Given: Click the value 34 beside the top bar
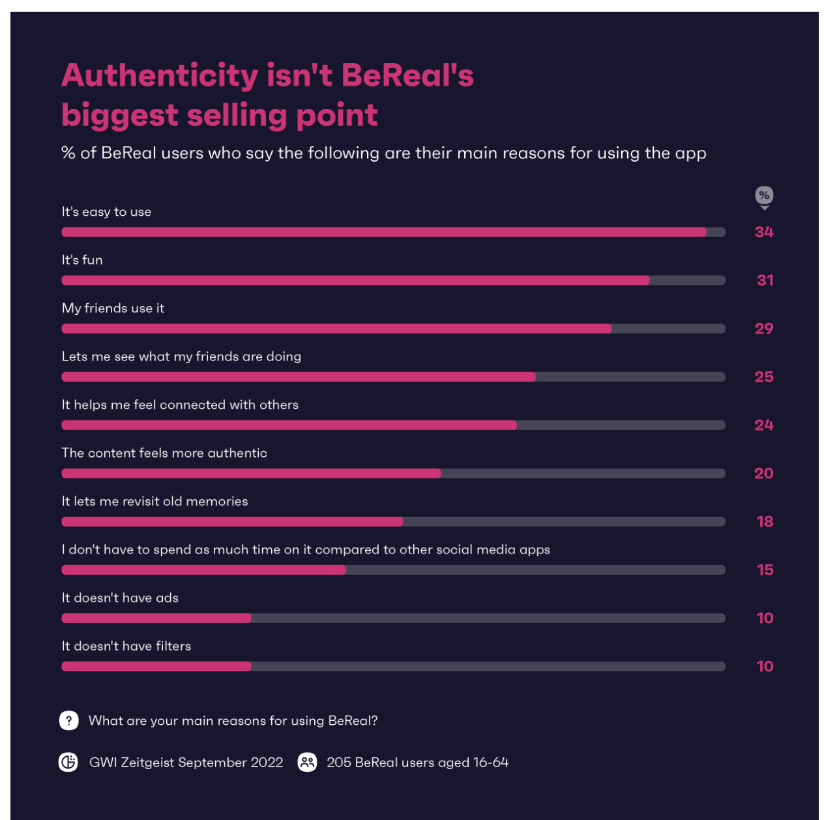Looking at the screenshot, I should pyautogui.click(x=764, y=232).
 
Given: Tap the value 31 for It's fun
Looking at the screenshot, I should pyautogui.click(x=765, y=280).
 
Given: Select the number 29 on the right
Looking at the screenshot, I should pyautogui.click(x=764, y=329).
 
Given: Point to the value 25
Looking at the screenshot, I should pyautogui.click(x=764, y=377).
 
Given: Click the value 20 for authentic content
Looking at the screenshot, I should pyautogui.click(x=764, y=473).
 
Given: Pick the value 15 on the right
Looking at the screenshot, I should pyautogui.click(x=765, y=570).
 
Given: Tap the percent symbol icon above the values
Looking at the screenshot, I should pyautogui.click(x=764, y=196).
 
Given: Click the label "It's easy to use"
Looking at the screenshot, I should pyautogui.click(x=106, y=212).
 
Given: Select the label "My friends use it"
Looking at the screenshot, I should pyautogui.click(x=113, y=308).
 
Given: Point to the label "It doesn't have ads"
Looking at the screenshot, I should pyautogui.click(x=120, y=598).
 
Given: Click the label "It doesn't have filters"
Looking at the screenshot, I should pyautogui.click(x=126, y=646).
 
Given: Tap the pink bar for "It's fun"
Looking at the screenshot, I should pyautogui.click(x=355, y=280).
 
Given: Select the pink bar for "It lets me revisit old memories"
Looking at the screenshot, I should pyautogui.click(x=232, y=521).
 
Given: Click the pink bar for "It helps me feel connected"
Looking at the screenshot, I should pyautogui.click(x=289, y=425).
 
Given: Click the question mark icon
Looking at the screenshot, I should pyautogui.click(x=69, y=720).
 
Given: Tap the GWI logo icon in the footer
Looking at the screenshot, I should pyautogui.click(x=68, y=762).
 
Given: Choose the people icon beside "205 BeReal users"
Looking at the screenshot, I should pyautogui.click(x=307, y=762).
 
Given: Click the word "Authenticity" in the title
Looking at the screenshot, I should pyautogui.click(x=160, y=76).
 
